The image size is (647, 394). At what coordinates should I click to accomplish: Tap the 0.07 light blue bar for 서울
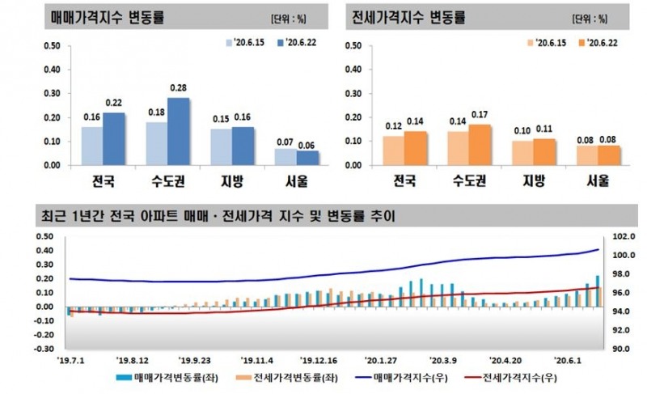pos(285,157)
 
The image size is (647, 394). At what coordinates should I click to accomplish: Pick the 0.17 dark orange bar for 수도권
pos(479,145)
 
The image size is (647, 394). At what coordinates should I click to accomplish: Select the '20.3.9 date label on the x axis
pos(443,361)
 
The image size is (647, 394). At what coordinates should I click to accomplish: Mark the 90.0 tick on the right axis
pos(623,349)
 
